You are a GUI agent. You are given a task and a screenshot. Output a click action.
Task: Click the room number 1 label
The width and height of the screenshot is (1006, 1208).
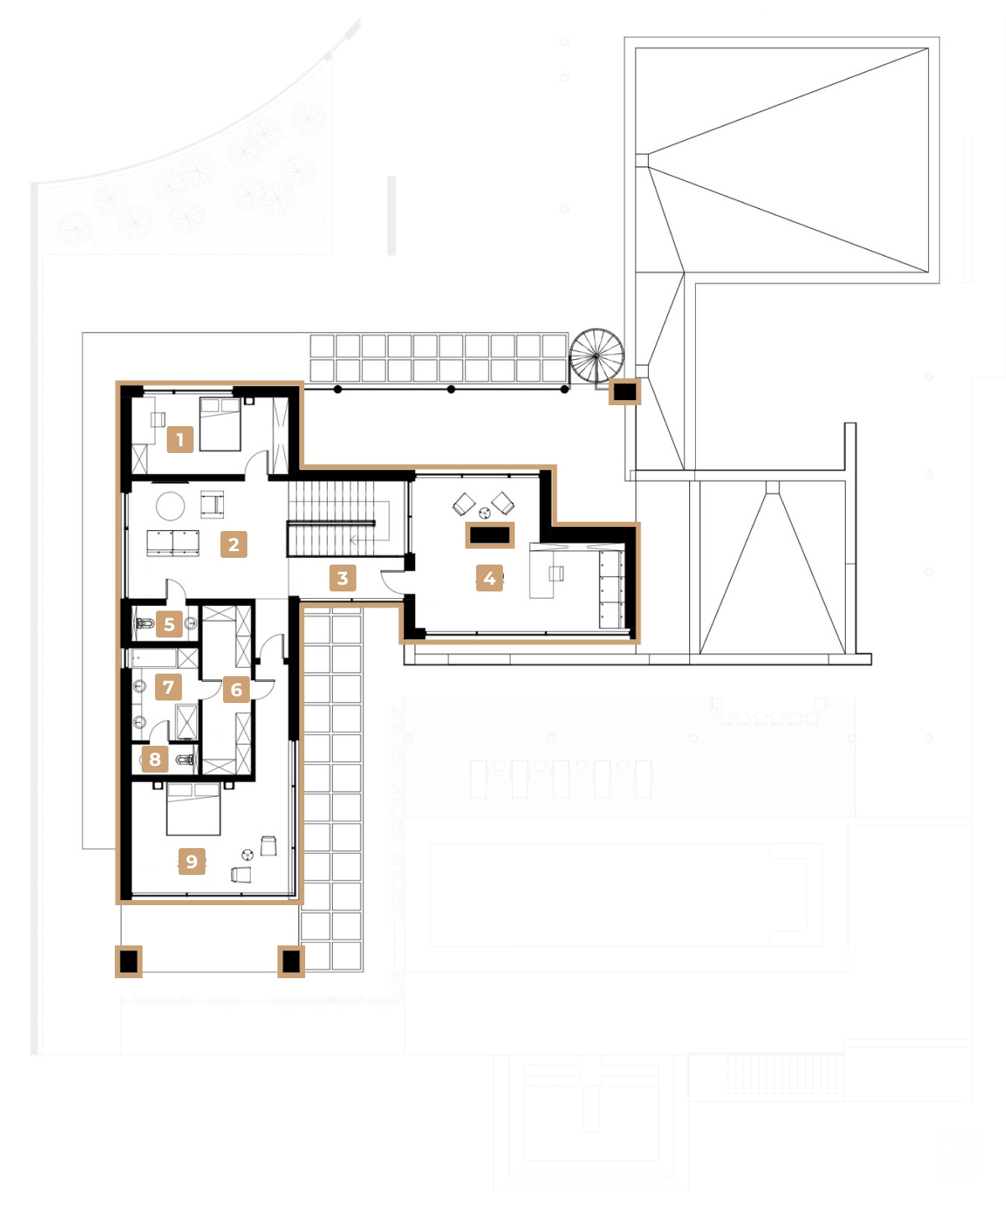coord(179,439)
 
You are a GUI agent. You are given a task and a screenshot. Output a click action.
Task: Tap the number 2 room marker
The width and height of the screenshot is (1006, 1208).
coord(234,544)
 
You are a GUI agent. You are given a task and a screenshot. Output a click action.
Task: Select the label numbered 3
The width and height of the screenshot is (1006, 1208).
coord(342,578)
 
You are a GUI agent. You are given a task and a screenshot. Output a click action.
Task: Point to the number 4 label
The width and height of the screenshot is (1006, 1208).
coord(490,578)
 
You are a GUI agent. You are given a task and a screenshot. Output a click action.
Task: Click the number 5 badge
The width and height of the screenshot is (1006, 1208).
coord(169,624)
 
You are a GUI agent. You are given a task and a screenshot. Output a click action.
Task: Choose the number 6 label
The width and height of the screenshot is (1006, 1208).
coord(236,690)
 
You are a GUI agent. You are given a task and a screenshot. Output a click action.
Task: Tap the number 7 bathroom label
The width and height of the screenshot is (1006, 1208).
coord(169,687)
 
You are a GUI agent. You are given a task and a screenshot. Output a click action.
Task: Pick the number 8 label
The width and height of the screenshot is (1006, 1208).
coord(155,760)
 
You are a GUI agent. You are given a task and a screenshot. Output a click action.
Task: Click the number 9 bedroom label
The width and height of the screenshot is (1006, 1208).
coord(192,862)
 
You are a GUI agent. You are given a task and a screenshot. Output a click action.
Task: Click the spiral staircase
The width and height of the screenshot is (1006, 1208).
coord(597,356)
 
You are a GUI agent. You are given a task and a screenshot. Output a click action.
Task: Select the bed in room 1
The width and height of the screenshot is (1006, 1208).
coord(220,424)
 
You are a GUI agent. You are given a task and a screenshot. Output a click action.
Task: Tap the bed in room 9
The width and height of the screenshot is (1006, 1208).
coord(194,809)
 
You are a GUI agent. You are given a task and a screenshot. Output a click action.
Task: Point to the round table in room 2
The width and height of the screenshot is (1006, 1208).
coord(171,506)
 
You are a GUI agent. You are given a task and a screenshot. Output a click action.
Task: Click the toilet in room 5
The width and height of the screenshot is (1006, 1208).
coord(144,624)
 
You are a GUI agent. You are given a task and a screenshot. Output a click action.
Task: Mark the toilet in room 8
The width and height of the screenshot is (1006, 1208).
coord(186,761)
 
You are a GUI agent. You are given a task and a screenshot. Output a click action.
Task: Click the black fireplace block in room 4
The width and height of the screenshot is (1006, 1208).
coord(490,534)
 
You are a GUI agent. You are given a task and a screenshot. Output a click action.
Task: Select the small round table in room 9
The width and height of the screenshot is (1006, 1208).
coord(247,854)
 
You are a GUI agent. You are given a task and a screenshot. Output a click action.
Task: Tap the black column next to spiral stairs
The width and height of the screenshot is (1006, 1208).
coord(625,391)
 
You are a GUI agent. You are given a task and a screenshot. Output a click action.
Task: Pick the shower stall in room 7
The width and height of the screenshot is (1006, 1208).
coord(186,721)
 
